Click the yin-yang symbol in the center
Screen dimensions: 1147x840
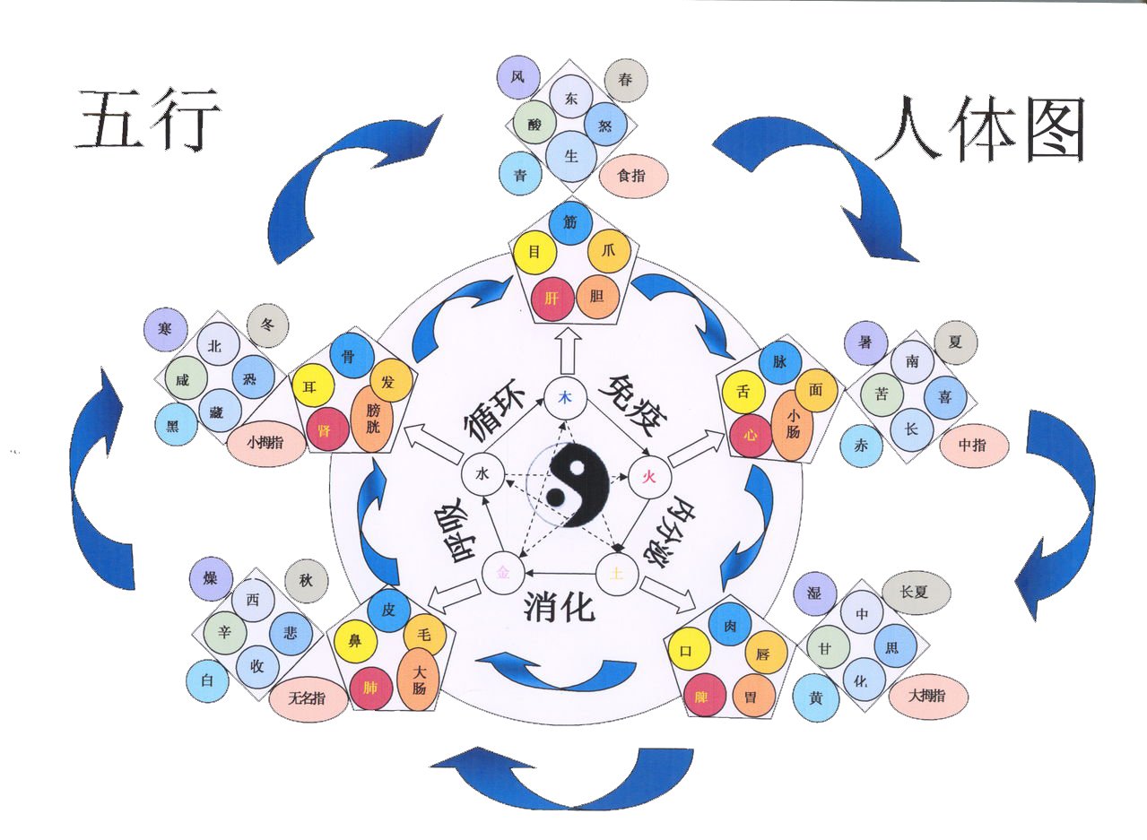[578, 484]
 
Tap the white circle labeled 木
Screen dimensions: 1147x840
[565, 398]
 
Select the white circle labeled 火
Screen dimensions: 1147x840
[648, 477]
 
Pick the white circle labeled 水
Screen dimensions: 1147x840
[482, 474]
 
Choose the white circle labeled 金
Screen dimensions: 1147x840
[503, 573]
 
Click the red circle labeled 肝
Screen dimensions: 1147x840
[552, 299]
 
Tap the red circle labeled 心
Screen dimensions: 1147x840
[751, 436]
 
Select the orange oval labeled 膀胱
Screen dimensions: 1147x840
[372, 419]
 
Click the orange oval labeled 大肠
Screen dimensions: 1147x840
[419, 680]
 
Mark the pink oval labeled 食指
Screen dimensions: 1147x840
[633, 176]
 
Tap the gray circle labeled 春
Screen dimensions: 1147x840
[626, 81]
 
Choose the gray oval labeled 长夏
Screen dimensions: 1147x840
[916, 593]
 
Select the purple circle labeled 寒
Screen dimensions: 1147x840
[165, 329]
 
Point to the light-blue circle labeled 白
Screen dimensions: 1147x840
[207, 680]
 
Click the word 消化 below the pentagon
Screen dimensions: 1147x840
[560, 608]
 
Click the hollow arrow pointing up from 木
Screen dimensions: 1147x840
[569, 351]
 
